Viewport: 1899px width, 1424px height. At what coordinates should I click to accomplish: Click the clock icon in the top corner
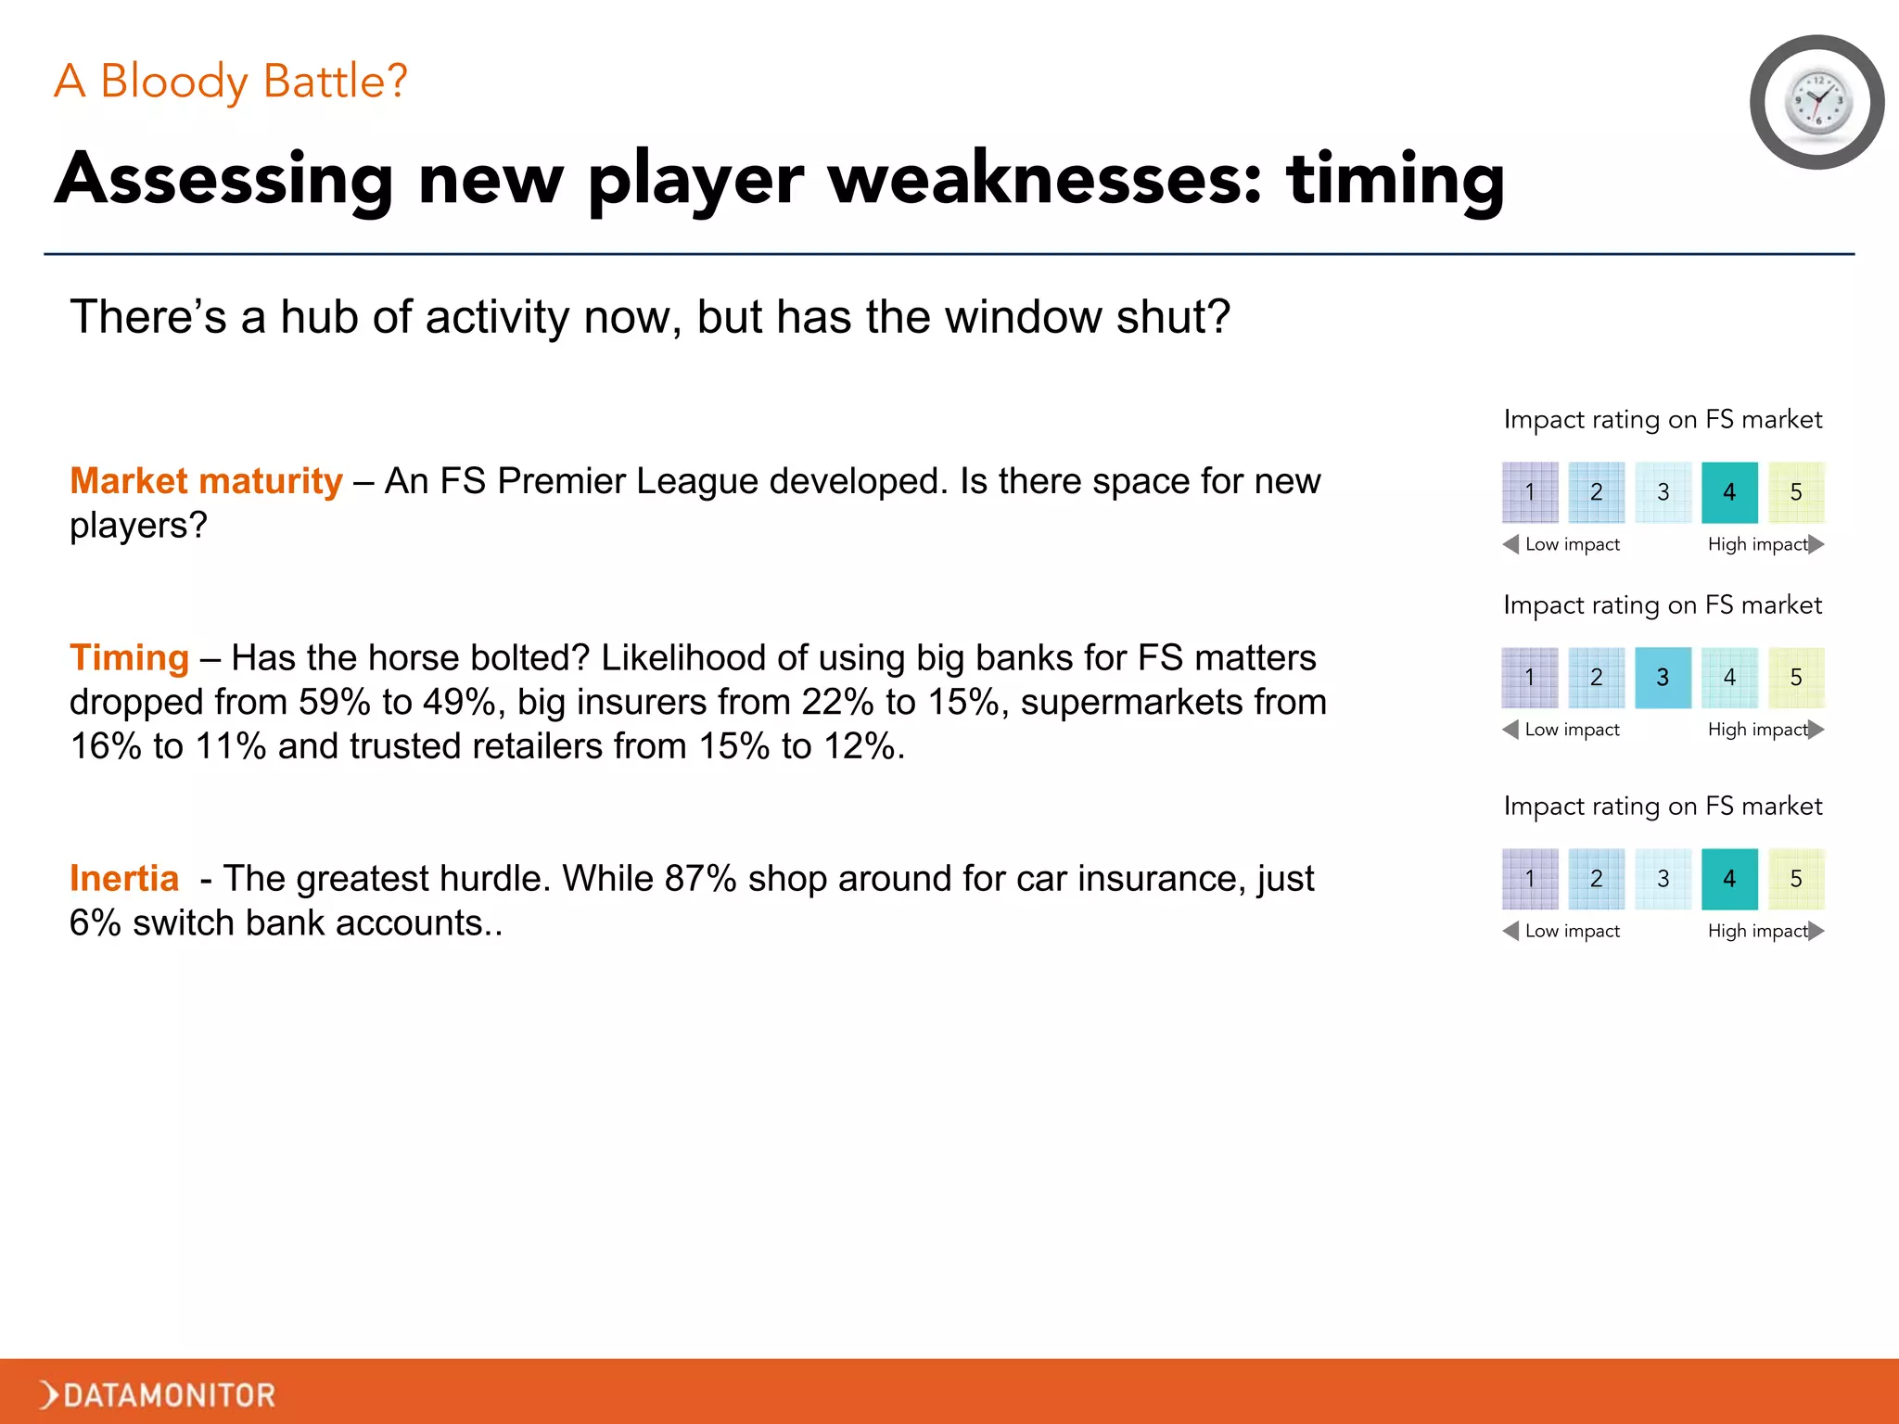pos(1816,103)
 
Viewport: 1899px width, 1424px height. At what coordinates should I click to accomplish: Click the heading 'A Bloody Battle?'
pos(231,82)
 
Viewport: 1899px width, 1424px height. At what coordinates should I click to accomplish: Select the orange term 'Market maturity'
pos(206,481)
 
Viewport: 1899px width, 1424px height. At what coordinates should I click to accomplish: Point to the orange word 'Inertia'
pos(124,878)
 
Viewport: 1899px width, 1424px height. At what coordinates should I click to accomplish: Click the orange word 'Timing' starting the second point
pos(130,657)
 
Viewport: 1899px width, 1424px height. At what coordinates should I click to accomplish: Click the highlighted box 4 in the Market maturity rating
pos(1729,492)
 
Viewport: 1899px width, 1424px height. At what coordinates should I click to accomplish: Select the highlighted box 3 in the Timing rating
pos(1663,678)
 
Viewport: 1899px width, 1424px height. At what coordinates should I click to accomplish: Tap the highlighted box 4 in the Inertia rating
pos(1729,879)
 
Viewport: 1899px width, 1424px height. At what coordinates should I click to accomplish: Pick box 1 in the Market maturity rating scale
pos(1530,492)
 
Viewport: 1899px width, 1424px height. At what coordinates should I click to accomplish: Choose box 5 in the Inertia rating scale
pos(1796,879)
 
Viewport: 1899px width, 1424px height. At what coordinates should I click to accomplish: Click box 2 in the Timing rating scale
pos(1596,678)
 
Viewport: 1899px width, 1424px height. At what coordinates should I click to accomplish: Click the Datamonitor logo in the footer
pos(158,1394)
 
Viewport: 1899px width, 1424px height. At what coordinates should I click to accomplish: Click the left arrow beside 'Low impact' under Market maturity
pos(1510,544)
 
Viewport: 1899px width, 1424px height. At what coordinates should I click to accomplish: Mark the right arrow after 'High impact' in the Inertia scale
pos(1816,931)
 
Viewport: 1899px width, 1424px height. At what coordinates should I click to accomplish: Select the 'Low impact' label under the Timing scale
pos(1572,730)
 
